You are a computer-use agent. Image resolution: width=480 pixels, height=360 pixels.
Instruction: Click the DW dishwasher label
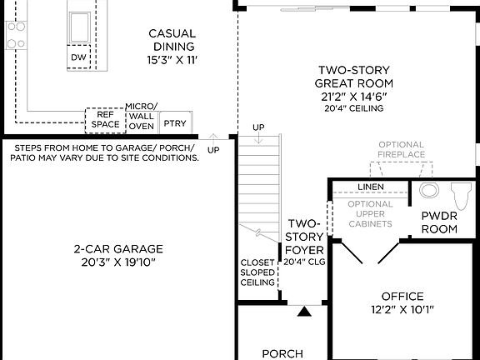click(78, 57)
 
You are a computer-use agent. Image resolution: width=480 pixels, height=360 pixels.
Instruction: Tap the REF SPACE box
click(105, 120)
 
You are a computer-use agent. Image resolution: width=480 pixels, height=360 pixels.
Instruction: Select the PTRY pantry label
click(175, 123)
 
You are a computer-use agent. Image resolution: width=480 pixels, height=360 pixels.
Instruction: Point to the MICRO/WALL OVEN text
click(141, 117)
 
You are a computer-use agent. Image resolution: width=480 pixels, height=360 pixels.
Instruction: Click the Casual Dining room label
click(172, 40)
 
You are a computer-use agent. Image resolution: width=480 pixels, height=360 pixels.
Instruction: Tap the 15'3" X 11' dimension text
click(172, 60)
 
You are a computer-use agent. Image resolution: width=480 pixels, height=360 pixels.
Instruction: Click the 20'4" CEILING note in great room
click(354, 108)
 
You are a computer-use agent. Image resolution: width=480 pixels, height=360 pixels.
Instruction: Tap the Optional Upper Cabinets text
click(370, 214)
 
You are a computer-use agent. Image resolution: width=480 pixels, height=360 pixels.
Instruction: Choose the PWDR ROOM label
click(439, 222)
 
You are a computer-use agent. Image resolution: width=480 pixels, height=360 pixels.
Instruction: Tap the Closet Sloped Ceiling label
click(257, 272)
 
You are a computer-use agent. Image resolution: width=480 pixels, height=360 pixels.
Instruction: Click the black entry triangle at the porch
click(305, 312)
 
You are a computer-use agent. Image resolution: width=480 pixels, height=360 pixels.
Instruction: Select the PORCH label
click(282, 353)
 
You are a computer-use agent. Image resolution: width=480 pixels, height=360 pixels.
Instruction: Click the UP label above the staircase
click(258, 127)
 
